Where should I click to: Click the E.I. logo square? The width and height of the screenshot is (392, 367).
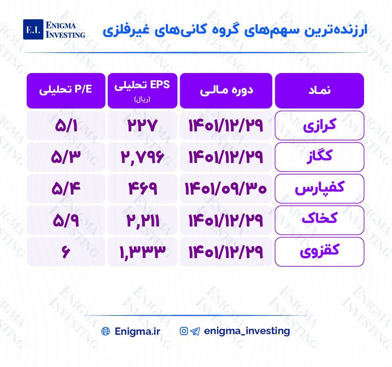[x=33, y=29]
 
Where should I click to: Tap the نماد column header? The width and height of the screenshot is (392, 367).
[x=319, y=91]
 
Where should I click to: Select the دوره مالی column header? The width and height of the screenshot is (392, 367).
[x=226, y=91]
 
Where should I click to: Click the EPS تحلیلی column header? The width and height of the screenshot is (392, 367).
[x=142, y=91]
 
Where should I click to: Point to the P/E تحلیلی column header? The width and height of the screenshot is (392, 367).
[x=66, y=91]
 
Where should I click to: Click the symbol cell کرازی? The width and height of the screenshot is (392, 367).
[x=319, y=125]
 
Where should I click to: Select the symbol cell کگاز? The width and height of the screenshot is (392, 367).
[x=319, y=157]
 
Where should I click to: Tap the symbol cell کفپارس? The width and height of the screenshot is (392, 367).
[x=319, y=189]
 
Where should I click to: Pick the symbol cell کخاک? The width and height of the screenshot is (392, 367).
[x=319, y=220]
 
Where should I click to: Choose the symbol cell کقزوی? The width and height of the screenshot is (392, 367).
[x=319, y=252]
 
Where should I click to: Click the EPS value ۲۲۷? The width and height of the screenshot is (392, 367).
[x=142, y=125]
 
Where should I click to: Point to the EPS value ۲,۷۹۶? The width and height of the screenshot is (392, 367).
[x=142, y=157]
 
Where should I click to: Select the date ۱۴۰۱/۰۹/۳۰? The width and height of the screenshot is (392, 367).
[x=226, y=189]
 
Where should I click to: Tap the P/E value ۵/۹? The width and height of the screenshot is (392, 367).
[x=66, y=220]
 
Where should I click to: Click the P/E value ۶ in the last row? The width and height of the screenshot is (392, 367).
[x=66, y=252]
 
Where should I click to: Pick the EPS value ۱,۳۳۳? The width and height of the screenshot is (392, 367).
[x=142, y=252]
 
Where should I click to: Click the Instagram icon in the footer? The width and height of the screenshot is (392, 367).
[x=184, y=331]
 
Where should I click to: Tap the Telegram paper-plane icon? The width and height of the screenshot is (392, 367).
[x=195, y=331]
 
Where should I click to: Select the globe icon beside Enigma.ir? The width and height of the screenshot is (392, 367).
[x=106, y=331]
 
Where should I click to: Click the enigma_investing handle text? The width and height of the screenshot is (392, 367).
[x=247, y=331]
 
